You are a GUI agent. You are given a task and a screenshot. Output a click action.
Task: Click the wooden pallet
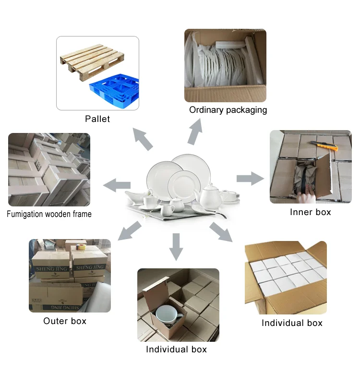89,59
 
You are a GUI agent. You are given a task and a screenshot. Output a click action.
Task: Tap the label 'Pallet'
97,119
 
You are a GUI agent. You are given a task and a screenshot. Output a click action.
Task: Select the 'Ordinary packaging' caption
228,110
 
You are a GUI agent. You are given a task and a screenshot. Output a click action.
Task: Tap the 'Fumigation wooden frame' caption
49,214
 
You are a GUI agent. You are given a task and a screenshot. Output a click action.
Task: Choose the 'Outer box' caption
65,321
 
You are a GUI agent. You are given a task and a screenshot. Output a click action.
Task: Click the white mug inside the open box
165,317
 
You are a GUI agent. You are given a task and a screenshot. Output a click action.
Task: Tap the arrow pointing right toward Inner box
250,179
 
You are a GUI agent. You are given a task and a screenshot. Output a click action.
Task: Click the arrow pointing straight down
177,246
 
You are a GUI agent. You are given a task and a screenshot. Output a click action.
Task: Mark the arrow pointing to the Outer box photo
129,230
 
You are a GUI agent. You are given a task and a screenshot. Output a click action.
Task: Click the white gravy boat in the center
135,197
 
